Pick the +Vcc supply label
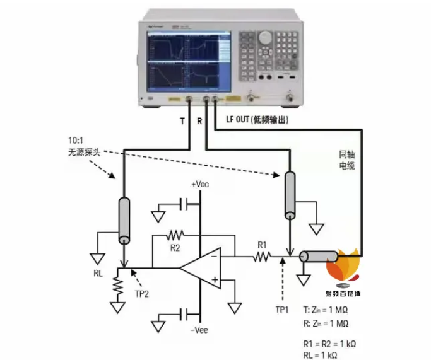click(x=199, y=184)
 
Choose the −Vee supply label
click(x=199, y=330)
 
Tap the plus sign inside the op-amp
click(x=215, y=279)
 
